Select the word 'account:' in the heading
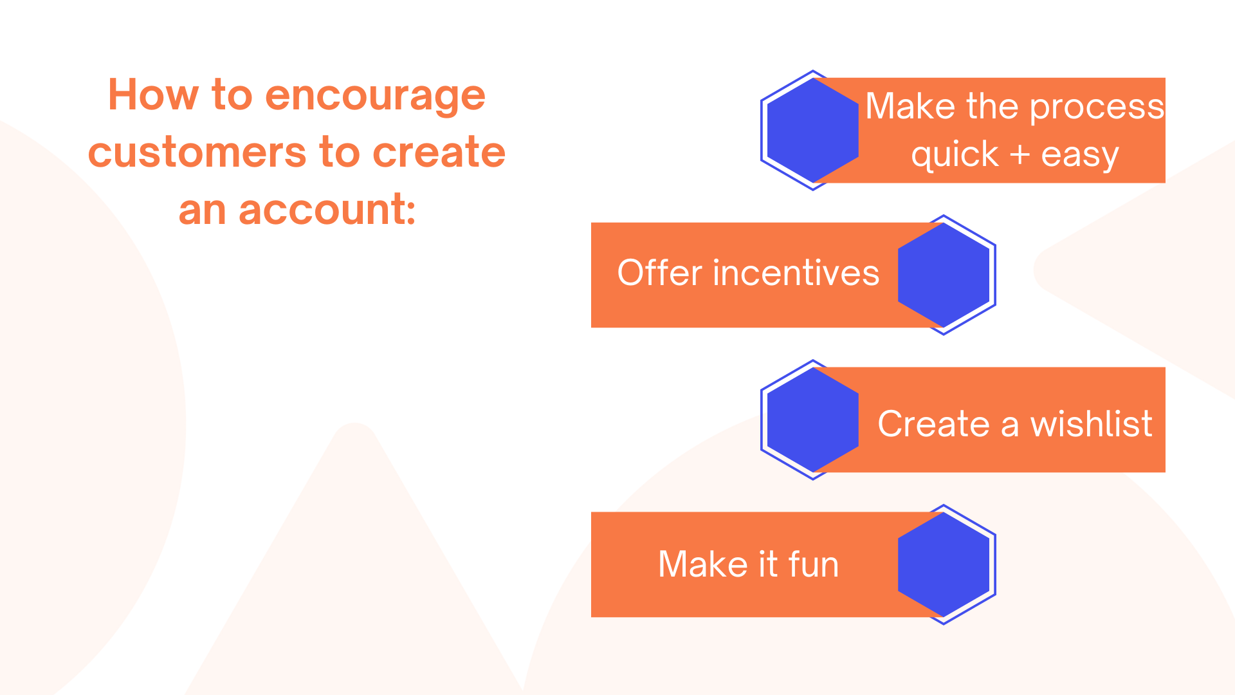coord(327,209)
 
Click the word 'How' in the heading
coord(154,95)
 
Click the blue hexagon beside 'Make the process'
coord(813,131)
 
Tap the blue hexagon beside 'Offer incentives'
coord(944,275)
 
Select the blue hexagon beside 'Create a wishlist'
coord(813,420)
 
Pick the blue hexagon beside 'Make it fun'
coord(944,565)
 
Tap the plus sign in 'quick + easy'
coord(1020,155)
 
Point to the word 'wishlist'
coord(1092,423)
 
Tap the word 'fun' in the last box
coord(814,564)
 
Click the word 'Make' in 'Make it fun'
coord(703,564)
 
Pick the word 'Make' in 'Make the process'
coord(910,106)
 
